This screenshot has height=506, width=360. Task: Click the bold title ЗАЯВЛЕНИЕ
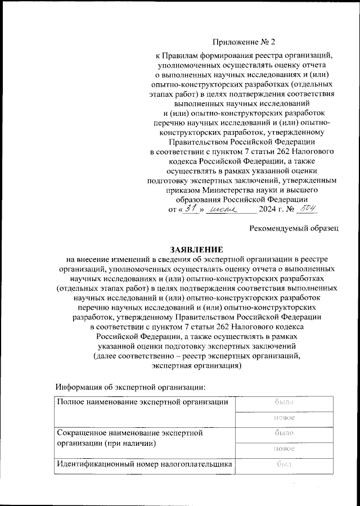click(x=197, y=249)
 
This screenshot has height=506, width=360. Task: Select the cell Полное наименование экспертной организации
click(x=142, y=403)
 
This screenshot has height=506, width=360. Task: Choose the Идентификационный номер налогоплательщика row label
click(x=143, y=464)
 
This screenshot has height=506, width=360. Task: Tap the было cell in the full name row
click(x=284, y=403)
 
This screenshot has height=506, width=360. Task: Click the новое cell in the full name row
click(x=284, y=418)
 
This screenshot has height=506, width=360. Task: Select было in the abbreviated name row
click(x=284, y=433)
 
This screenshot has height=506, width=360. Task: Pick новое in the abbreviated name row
click(x=284, y=449)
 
